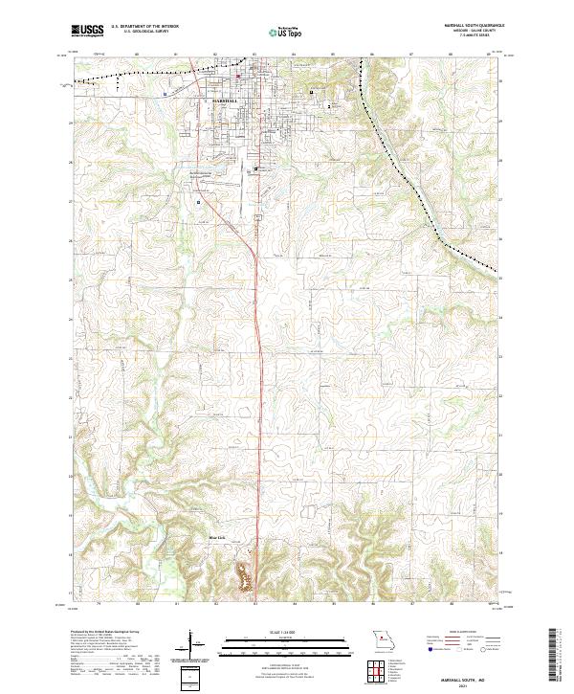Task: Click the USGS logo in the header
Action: pyautogui.click(x=87, y=31)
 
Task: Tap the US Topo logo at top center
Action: pyautogui.click(x=286, y=32)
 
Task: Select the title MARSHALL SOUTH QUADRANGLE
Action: pyautogui.click(x=473, y=26)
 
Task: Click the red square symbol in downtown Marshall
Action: pyautogui.click(x=238, y=77)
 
